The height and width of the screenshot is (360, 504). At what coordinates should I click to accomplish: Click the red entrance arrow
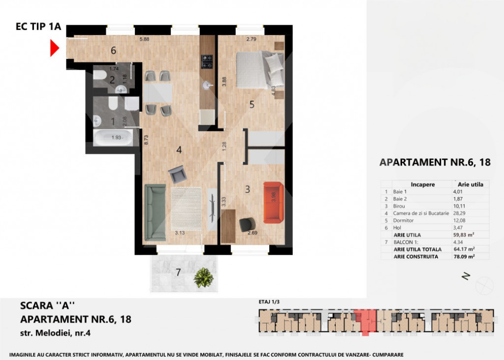[x=55, y=48]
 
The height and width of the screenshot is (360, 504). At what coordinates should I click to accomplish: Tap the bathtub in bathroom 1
[x=113, y=137]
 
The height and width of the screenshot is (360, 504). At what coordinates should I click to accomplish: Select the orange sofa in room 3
[x=273, y=200]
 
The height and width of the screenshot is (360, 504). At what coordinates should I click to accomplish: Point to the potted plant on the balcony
[x=203, y=278]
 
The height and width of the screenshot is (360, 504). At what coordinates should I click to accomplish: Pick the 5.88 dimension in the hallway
[x=145, y=40]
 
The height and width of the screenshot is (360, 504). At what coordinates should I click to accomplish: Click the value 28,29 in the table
[x=459, y=213]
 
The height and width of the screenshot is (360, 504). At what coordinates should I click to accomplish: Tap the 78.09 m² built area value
[x=464, y=257]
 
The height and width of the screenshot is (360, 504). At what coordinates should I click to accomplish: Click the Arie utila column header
[x=470, y=184]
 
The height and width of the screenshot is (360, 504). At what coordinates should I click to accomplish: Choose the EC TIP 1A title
[x=38, y=27]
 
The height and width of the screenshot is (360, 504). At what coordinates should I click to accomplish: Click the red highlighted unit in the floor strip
[x=365, y=321]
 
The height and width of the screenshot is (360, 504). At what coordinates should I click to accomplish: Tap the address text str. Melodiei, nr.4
[x=55, y=333]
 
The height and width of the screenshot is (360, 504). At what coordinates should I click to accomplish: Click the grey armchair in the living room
[x=176, y=174]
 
